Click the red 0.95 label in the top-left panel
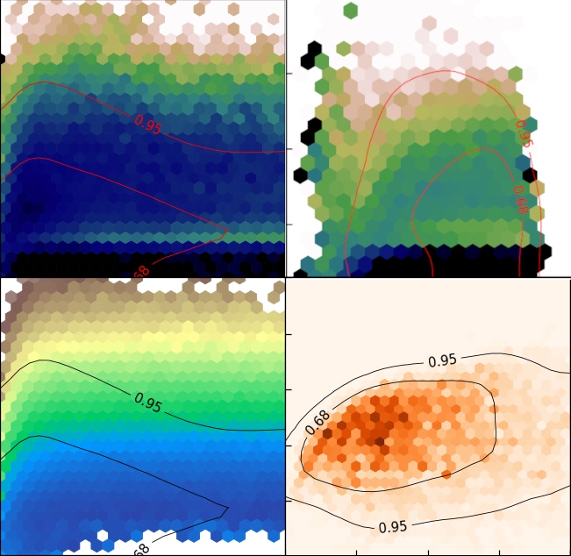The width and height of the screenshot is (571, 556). (147, 125)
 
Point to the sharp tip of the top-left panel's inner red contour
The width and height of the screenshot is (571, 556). (227, 231)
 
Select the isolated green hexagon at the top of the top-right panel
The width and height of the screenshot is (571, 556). (350, 11)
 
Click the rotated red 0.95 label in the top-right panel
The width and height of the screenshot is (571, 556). (524, 134)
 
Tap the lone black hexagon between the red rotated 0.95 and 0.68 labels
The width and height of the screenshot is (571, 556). (528, 163)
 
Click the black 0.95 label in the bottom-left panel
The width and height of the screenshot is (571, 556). (147, 402)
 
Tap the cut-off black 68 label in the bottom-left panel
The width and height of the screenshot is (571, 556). (140, 549)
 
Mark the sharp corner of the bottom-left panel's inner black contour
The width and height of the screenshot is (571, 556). (228, 507)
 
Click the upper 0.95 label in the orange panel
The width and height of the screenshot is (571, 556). (442, 360)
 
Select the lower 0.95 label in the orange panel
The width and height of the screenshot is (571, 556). (393, 527)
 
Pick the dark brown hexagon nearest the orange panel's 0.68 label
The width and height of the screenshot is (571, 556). (328, 432)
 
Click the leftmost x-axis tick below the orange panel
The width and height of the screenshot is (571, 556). (356, 553)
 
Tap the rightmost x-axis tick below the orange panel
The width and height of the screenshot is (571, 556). (499, 553)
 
